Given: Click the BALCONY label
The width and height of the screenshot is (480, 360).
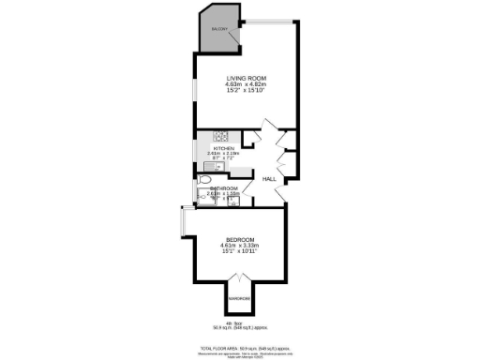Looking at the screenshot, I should (x=219, y=30).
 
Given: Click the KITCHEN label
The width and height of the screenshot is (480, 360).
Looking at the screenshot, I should (x=223, y=148).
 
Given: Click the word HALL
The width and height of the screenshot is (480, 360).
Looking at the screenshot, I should (x=269, y=178).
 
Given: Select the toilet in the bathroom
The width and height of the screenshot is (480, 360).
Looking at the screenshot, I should (x=204, y=179).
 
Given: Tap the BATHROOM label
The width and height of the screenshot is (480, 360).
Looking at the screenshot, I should (x=225, y=188).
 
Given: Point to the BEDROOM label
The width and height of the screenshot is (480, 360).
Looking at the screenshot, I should (x=239, y=238).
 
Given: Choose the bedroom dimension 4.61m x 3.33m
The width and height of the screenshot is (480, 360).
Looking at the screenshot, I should (x=239, y=245).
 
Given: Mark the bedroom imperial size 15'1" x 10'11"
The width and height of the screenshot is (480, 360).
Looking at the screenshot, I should (x=239, y=251).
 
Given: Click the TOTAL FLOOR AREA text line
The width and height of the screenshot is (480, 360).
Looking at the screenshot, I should (x=239, y=347).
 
